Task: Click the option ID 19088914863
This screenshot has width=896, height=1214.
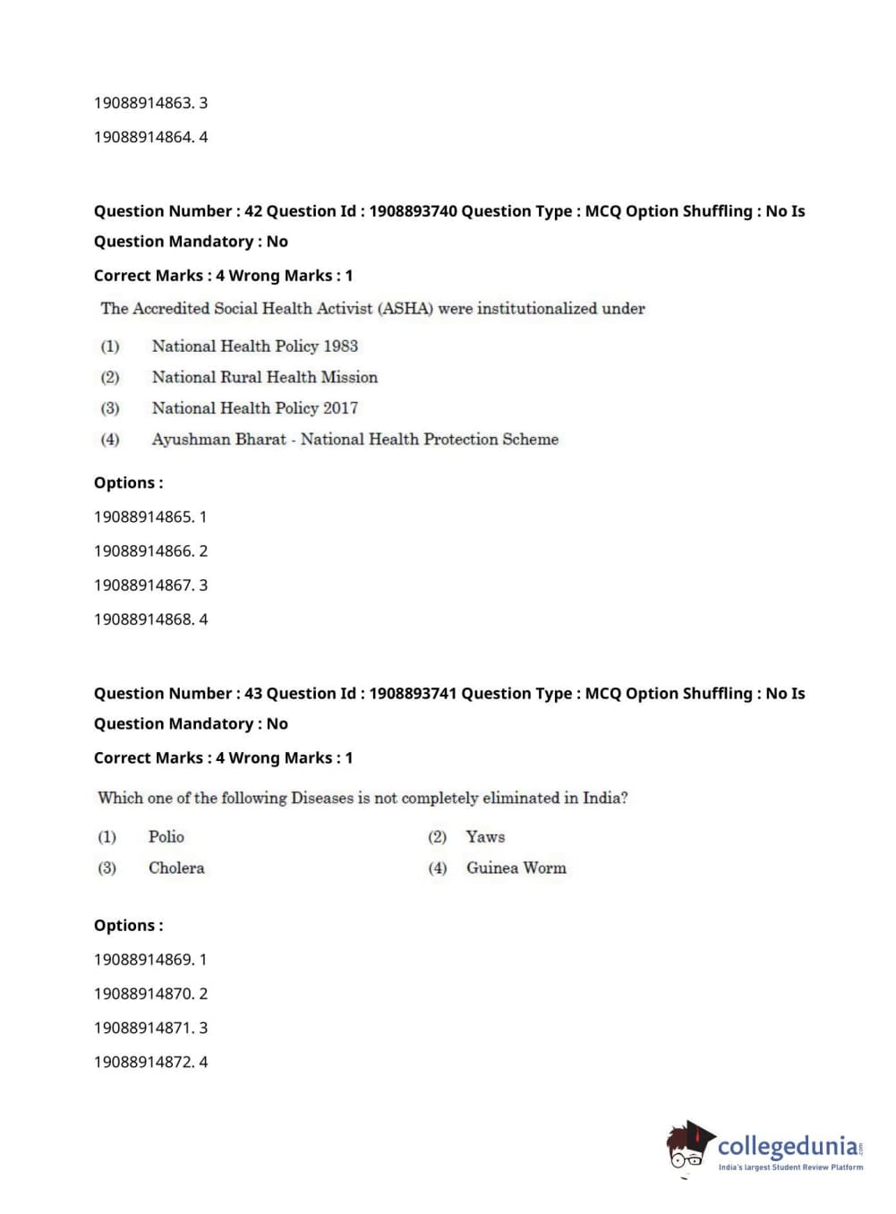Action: [x=142, y=103]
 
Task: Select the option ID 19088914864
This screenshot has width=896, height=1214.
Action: [x=142, y=137]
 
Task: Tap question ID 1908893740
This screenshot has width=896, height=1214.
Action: [x=413, y=211]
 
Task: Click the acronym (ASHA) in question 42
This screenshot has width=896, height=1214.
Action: [x=405, y=309]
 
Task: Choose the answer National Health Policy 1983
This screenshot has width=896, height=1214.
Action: [x=254, y=346]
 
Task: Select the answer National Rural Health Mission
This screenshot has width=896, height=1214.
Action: [x=264, y=378]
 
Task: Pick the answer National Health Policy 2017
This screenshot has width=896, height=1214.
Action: [x=254, y=408]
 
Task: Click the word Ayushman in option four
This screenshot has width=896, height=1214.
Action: [x=185, y=440]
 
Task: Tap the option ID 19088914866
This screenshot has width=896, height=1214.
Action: [x=142, y=551]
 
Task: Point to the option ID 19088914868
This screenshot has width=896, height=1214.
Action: [x=142, y=620]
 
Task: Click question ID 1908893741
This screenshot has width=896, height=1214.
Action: [x=413, y=694]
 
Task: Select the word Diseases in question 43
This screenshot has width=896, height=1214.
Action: [x=322, y=798]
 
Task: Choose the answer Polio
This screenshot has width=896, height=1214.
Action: [x=166, y=837]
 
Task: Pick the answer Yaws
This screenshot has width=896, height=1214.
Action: [x=485, y=837]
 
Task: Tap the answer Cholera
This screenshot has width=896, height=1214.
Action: [x=176, y=868]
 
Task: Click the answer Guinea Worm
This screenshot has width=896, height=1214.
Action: [x=516, y=868]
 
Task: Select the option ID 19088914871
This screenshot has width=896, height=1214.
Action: [x=142, y=1029]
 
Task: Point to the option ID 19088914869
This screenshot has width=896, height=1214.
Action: [x=142, y=960]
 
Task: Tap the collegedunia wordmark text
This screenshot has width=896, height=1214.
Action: [x=788, y=1146]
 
